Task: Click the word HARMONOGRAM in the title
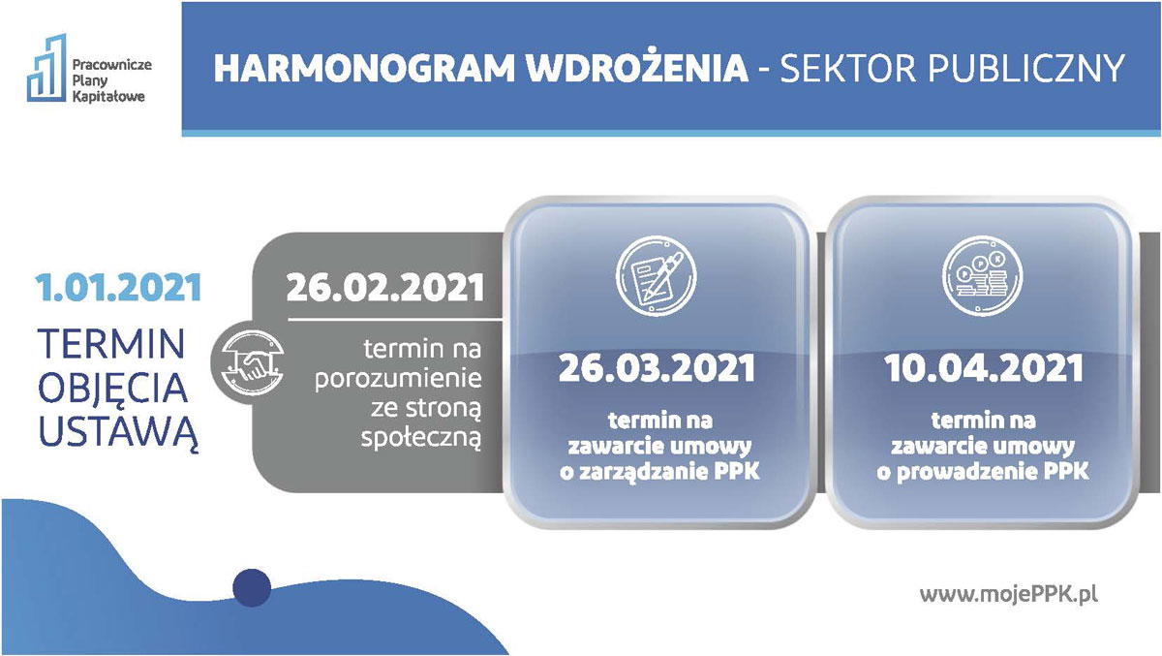(365, 68)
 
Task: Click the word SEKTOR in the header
(848, 68)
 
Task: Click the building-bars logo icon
(47, 68)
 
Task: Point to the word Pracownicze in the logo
(111, 64)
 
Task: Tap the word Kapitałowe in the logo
(108, 96)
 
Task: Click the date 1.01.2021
(119, 288)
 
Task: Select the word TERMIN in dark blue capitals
(111, 344)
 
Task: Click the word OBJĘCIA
(112, 389)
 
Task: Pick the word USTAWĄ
(118, 433)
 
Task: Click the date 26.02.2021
(385, 288)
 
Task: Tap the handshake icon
(252, 362)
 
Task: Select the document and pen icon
(657, 275)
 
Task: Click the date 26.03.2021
(657, 368)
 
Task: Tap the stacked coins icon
(982, 275)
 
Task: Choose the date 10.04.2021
(984, 368)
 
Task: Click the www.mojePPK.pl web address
(1008, 594)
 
